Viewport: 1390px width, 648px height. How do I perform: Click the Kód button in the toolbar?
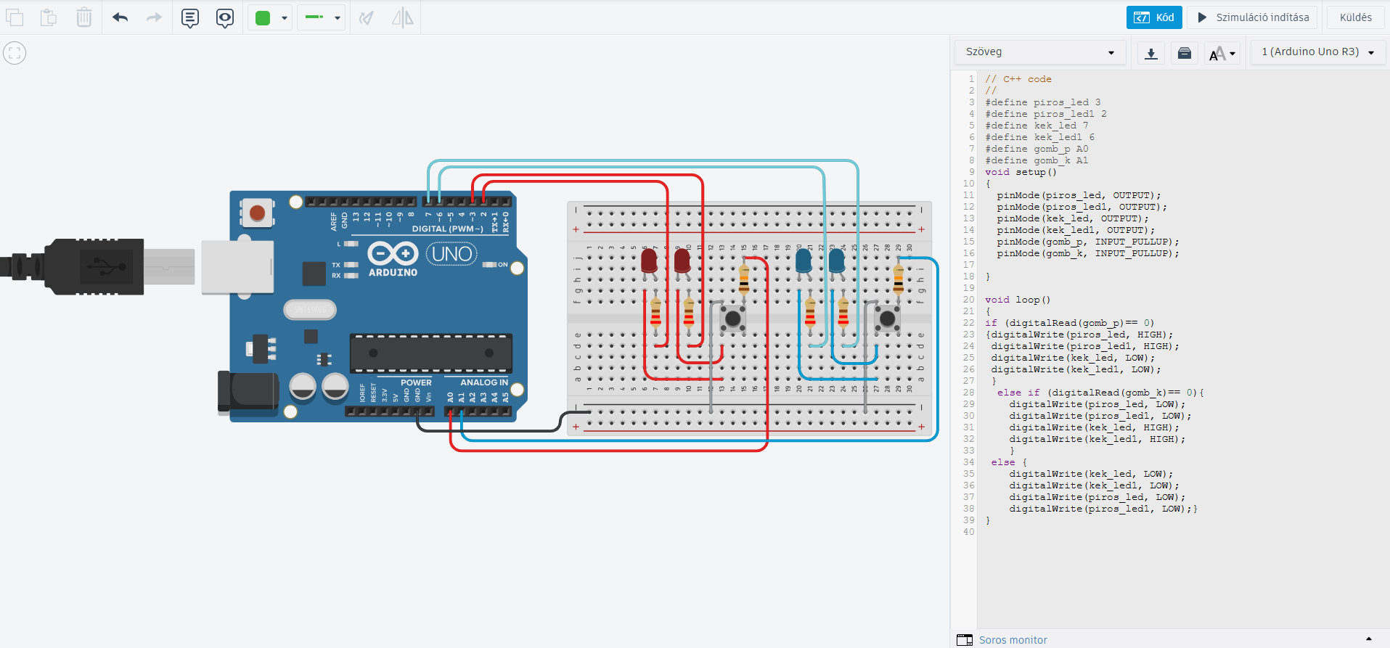(1154, 17)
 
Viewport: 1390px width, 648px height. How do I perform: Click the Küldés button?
(1355, 17)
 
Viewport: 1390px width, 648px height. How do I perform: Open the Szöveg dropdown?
(1039, 52)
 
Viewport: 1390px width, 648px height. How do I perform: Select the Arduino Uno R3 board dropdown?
(1317, 52)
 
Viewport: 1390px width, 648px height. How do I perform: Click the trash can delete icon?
(84, 17)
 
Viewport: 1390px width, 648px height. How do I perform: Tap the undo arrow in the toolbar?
(120, 17)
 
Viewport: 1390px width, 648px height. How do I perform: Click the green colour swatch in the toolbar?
(263, 17)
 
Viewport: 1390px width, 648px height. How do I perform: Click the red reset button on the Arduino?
(257, 213)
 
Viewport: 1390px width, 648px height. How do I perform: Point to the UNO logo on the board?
(451, 254)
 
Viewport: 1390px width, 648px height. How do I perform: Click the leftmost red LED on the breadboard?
(649, 261)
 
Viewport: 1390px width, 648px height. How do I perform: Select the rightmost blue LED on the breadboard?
(836, 261)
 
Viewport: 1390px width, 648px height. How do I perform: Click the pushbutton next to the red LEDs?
(733, 318)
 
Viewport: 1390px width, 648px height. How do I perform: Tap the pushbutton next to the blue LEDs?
(887, 318)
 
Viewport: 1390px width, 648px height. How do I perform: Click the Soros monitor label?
(1013, 640)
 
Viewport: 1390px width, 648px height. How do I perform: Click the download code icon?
(1151, 53)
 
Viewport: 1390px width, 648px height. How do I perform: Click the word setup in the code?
(1031, 172)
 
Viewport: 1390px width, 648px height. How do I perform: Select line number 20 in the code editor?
(968, 300)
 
